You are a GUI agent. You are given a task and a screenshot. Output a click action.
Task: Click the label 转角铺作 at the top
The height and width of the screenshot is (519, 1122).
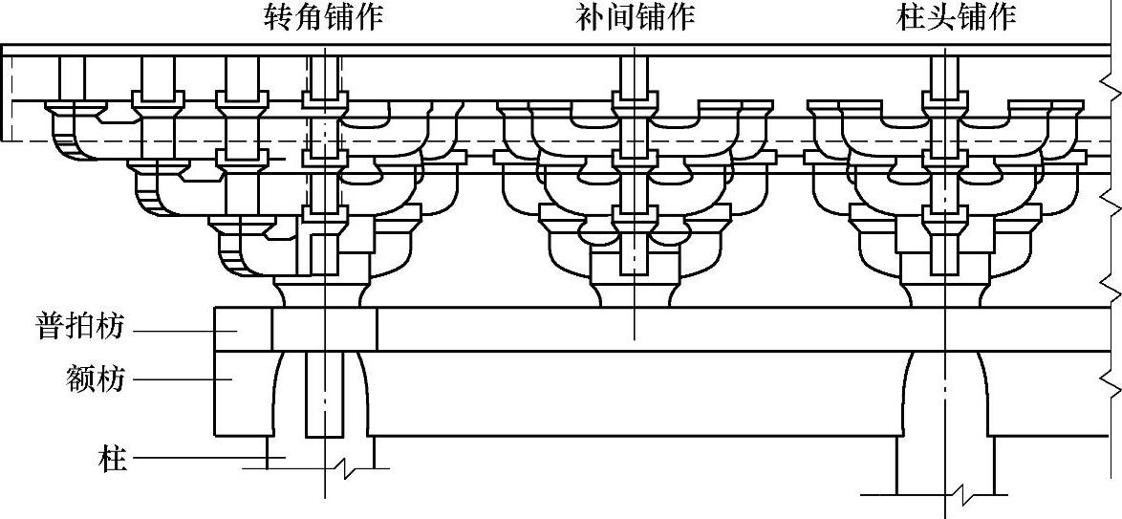click(324, 18)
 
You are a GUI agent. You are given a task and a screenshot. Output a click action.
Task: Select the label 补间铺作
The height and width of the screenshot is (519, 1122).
click(636, 18)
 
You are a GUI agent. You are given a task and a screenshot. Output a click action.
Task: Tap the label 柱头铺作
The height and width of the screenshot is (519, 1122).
click(956, 18)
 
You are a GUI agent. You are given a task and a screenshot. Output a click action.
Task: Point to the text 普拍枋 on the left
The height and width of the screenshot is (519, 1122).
click(80, 328)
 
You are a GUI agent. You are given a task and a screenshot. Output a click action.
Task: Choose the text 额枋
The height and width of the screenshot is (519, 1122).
click(96, 379)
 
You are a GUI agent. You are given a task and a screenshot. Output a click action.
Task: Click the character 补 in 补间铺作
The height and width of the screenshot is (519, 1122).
click(591, 18)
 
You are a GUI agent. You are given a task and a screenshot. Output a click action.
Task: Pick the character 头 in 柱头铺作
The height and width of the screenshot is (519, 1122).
click(940, 18)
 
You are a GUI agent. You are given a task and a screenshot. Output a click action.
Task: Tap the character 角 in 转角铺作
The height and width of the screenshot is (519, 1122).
click(310, 18)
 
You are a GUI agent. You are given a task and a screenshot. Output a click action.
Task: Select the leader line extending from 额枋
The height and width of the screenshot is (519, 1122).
click(182, 378)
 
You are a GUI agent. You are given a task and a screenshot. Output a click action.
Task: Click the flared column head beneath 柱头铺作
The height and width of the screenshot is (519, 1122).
click(944, 392)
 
